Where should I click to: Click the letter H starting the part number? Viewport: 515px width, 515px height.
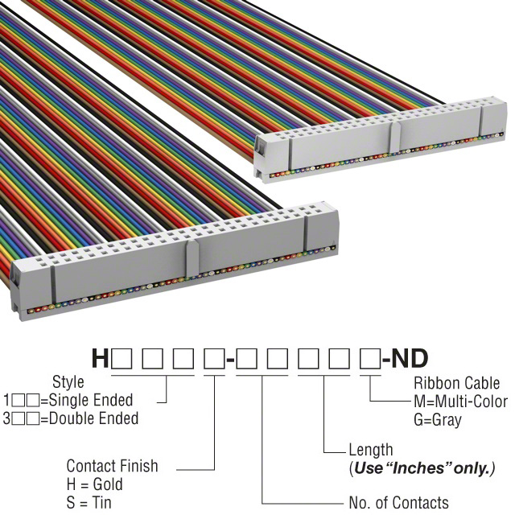(100, 358)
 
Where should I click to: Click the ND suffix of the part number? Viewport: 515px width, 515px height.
(410, 358)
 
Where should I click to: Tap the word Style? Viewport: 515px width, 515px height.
(68, 381)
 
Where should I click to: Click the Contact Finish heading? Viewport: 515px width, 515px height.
(112, 466)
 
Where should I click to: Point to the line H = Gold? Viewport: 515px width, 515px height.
(94, 484)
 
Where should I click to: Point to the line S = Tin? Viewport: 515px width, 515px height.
(89, 503)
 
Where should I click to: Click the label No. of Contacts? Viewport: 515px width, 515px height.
(398, 503)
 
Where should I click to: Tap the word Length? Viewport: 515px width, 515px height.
(371, 450)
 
